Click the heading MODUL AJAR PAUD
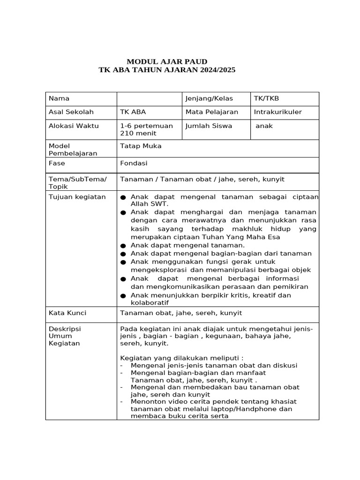pyautogui.click(x=167, y=61)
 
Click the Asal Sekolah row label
pyautogui.click(x=71, y=112)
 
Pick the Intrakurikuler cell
pyautogui.click(x=277, y=112)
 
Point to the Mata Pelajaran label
pyautogui.click(x=211, y=112)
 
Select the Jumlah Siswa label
pyautogui.click(x=209, y=126)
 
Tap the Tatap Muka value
pyautogui.click(x=141, y=146)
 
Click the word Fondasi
pyautogui.click(x=134, y=163)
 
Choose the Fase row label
pyautogui.click(x=57, y=163)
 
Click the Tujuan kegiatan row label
pyautogui.click(x=77, y=196)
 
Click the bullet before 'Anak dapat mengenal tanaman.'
pyautogui.click(x=123, y=246)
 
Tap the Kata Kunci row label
pyautogui.click(x=67, y=313)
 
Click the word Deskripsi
pyautogui.click(x=65, y=329)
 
